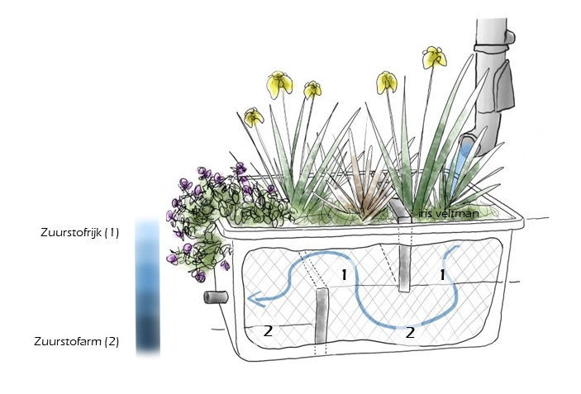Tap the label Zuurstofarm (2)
click(x=77, y=340)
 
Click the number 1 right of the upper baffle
click(x=443, y=273)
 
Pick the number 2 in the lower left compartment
click(x=268, y=330)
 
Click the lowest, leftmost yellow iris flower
click(x=254, y=117)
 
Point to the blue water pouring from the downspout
click(x=466, y=154)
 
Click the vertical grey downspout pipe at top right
click(x=489, y=50)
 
